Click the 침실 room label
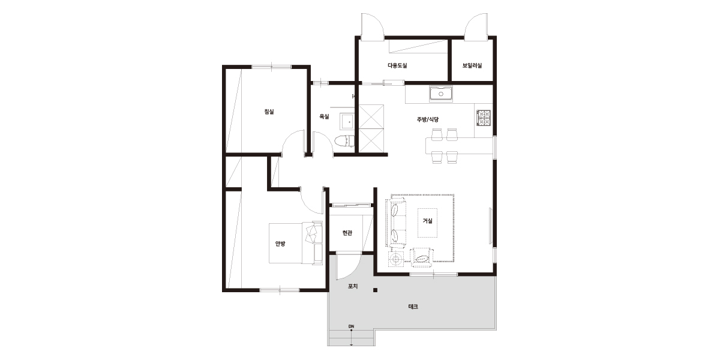click(269, 112)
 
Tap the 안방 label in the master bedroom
click(280, 244)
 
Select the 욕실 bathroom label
click(324, 116)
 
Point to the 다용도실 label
click(397, 65)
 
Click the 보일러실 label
click(472, 65)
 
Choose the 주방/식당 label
click(428, 119)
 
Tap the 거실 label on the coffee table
click(427, 221)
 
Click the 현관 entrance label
click(347, 233)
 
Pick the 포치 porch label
click(353, 286)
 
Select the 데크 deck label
click(413, 307)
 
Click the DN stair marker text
click(352, 326)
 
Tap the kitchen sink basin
click(441, 94)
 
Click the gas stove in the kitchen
click(484, 118)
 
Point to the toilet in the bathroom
click(344, 141)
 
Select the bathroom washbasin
click(347, 122)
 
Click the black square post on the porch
click(375, 290)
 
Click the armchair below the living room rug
click(422, 257)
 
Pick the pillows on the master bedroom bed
click(312, 233)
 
